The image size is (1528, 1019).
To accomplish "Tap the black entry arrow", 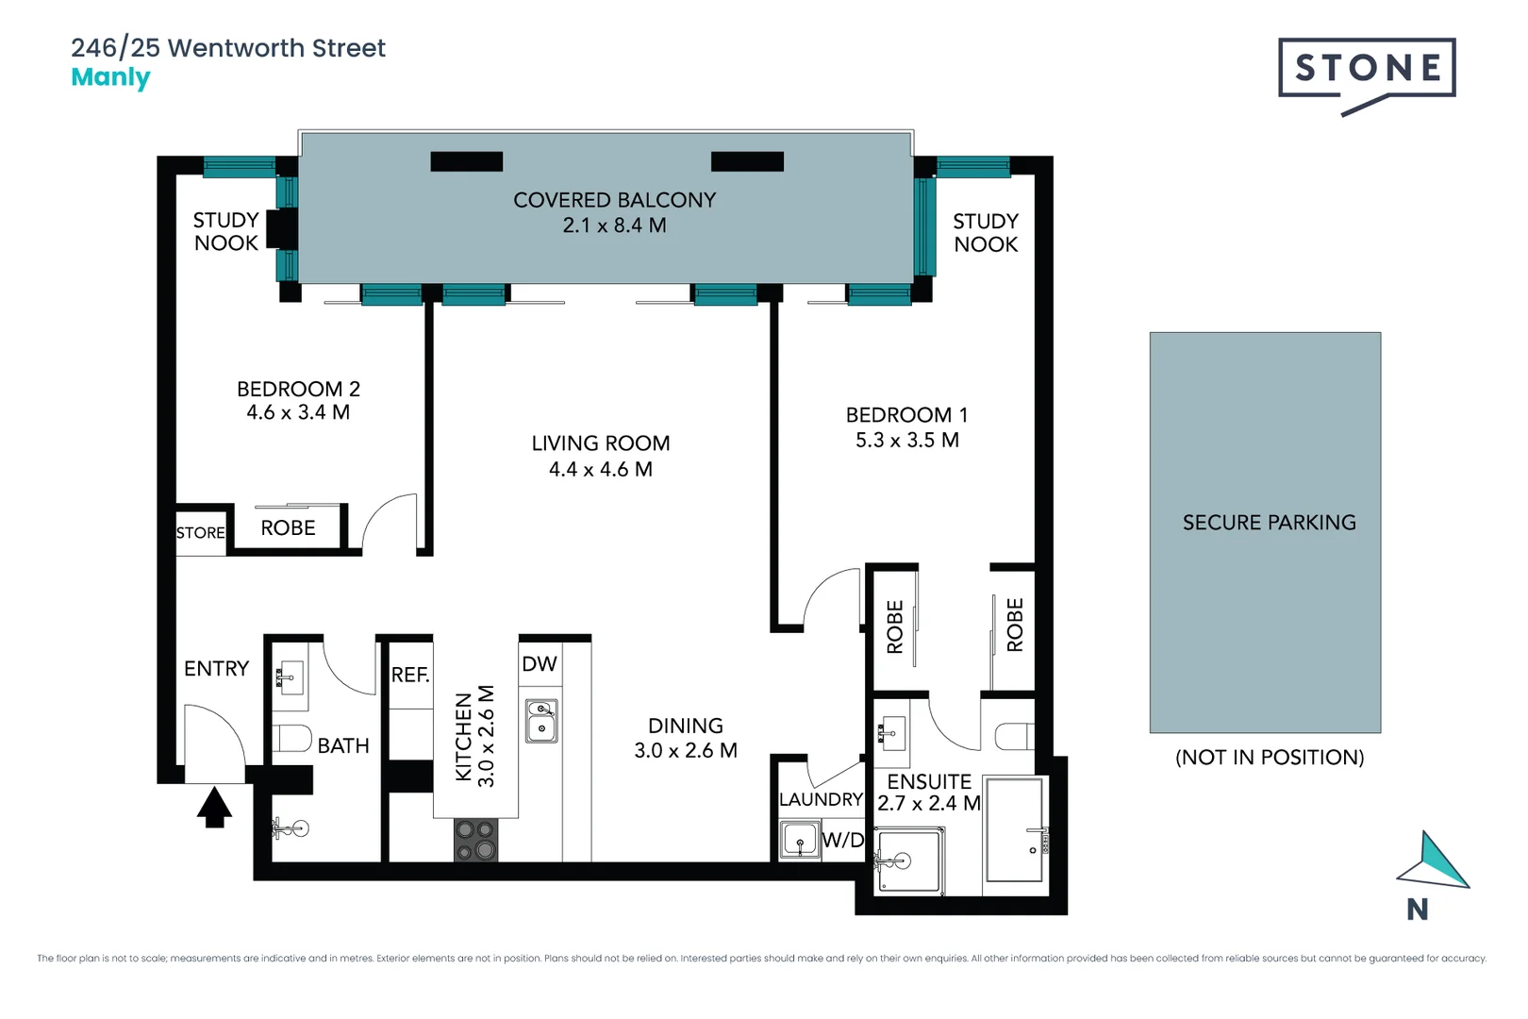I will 214,808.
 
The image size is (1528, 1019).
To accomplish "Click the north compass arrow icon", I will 1436,861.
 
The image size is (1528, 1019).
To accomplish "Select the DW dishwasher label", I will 540,664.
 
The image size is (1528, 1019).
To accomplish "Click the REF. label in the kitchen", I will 410,675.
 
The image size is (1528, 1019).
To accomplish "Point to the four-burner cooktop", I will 475,840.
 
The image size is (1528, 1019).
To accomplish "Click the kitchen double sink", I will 541,720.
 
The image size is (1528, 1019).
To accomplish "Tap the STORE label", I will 201,533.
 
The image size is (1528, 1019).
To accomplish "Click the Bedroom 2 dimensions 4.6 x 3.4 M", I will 298,412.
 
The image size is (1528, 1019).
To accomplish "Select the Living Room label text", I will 601,443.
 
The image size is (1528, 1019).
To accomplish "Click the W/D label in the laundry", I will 842,840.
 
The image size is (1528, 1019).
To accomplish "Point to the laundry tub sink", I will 799,840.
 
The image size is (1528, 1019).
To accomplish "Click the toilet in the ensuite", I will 1015,736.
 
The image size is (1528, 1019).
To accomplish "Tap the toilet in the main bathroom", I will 291,738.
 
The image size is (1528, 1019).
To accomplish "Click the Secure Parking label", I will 1269,523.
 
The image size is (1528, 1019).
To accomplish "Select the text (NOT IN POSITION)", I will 1269,758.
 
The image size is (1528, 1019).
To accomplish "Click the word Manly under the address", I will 110,77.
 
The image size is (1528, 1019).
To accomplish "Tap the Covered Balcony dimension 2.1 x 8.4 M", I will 614,226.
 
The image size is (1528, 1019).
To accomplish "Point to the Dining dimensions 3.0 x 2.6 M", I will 686,751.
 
